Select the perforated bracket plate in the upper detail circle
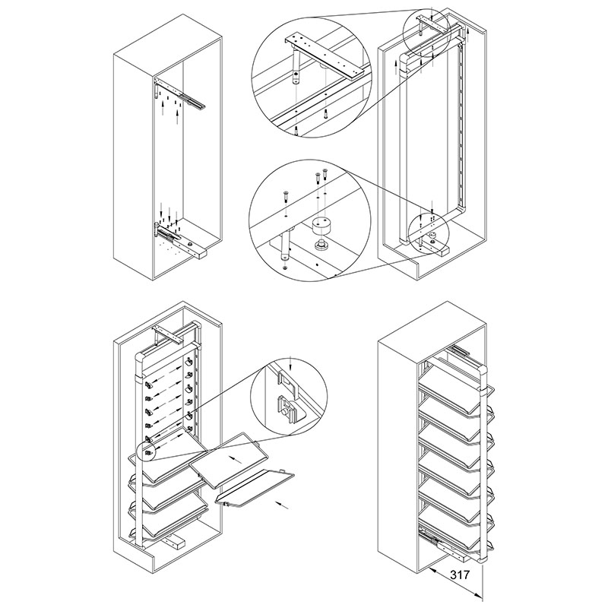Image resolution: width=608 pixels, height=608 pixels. pyautogui.click(x=325, y=57)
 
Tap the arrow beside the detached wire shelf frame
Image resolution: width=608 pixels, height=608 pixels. pyautogui.click(x=282, y=504)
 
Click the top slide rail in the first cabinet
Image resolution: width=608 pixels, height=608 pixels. pyautogui.click(x=179, y=93)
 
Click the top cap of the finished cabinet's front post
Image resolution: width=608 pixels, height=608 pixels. pyautogui.click(x=483, y=372)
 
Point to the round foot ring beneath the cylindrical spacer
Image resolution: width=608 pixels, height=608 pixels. pyautogui.click(x=320, y=245)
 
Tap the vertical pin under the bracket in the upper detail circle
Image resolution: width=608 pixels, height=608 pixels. pyautogui.click(x=296, y=66)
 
